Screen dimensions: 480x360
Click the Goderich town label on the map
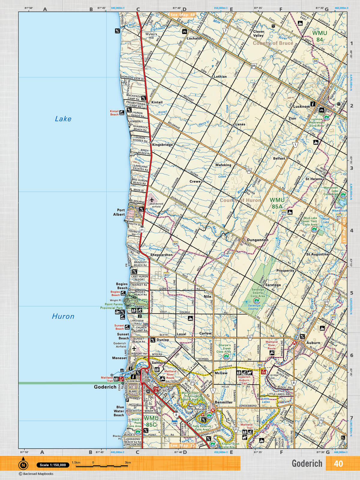pos(105,387)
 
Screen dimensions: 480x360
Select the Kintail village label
pos(157,102)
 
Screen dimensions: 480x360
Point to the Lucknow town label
pos(301,106)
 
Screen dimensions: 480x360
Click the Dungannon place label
pos(257,240)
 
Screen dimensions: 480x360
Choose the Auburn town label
pos(313,343)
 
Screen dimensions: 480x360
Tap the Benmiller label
pos(223,402)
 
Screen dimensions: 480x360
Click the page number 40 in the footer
pos(338,463)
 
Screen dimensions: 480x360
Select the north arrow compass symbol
pos(23,465)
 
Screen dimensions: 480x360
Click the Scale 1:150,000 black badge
pos(53,465)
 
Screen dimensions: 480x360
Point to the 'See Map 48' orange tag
pos(182,15)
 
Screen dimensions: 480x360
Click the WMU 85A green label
pos(277,203)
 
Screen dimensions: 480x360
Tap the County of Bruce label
pos(272,43)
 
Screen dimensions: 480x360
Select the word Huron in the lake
pos(63,316)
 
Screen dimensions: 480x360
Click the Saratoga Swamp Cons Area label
pos(257,293)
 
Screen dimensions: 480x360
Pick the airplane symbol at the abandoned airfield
pos(152,199)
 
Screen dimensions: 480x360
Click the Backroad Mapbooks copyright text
pos(36,474)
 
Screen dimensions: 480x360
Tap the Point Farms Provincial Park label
pos(112,306)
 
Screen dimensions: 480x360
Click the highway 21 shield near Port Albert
pos(142,230)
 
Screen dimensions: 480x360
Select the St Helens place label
pos(313,179)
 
